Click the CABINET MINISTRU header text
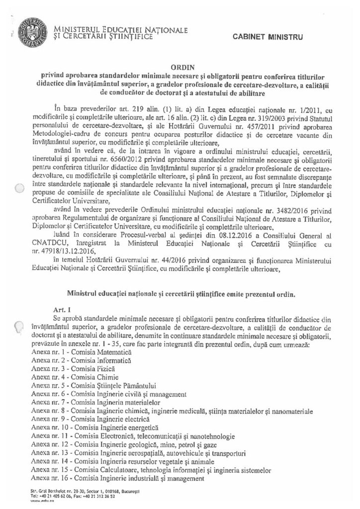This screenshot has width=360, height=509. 267,37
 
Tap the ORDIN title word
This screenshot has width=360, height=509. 180,65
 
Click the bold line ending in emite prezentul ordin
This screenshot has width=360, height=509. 180,293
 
